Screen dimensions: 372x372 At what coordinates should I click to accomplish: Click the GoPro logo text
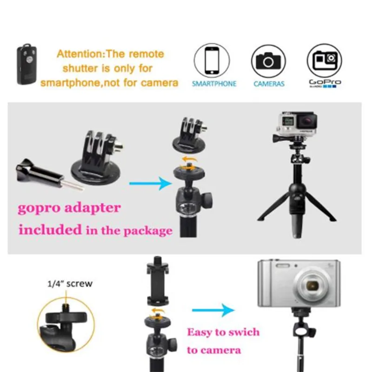pyautogui.click(x=325, y=82)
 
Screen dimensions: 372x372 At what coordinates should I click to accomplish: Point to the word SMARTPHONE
pyautogui.click(x=214, y=84)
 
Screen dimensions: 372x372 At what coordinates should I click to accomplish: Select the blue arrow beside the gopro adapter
pyautogui.click(x=149, y=183)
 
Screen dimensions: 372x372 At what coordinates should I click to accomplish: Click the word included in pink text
pyautogui.click(x=49, y=229)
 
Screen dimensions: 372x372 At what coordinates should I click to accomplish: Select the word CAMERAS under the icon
pyautogui.click(x=269, y=84)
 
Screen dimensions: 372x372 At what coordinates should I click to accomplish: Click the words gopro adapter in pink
pyautogui.click(x=69, y=207)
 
